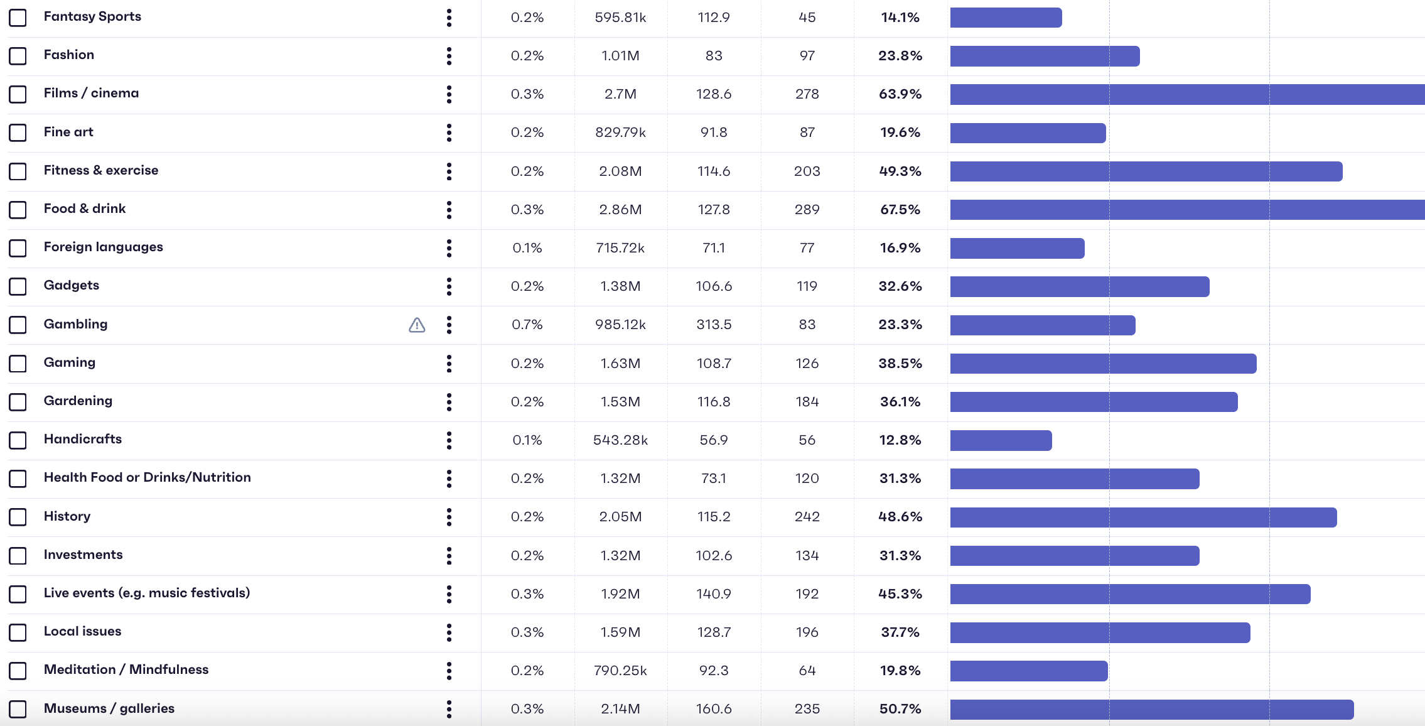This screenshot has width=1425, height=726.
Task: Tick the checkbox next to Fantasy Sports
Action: coord(18,18)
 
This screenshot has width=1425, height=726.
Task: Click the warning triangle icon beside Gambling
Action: coord(417,325)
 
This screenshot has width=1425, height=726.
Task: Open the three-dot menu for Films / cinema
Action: coord(449,94)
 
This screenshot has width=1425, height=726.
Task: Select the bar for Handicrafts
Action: coord(1001,440)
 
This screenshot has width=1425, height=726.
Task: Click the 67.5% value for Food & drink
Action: coord(900,210)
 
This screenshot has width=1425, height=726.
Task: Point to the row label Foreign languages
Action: coord(103,247)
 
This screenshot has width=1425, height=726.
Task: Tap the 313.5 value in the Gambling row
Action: coord(714,325)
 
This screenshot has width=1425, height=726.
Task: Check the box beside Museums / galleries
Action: coord(18,709)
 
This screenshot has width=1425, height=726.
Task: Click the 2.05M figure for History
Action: coord(620,517)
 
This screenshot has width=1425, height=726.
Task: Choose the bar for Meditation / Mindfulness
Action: coord(1028,671)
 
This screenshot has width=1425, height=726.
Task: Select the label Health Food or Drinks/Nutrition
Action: coord(147,477)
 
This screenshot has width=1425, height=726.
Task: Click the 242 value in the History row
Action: coord(807,517)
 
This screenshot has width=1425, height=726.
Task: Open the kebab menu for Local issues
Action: coord(449,632)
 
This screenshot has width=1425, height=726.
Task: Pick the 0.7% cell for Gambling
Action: coord(527,325)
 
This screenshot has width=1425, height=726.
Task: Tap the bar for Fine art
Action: coord(1028,133)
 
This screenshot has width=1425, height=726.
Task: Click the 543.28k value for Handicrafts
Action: coord(620,440)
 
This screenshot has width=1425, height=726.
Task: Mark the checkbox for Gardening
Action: coord(18,402)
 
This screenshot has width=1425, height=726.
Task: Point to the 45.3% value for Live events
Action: coord(900,594)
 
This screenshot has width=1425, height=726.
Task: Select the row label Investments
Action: coord(83,555)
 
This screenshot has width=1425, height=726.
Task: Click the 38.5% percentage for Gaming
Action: coord(900,364)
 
